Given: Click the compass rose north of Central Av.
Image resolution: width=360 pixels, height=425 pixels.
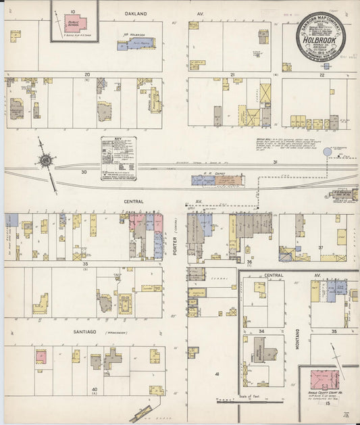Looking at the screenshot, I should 46,160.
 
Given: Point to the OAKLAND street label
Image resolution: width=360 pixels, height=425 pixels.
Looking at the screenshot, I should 136,14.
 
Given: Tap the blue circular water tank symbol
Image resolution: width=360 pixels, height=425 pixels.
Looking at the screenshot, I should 328,152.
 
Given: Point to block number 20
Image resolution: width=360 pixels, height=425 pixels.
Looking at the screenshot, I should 87,74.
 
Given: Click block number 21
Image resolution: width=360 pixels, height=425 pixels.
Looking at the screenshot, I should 232,74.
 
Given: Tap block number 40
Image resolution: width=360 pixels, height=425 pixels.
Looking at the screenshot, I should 95,389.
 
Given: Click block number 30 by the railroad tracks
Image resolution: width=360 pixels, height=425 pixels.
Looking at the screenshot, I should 84,172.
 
